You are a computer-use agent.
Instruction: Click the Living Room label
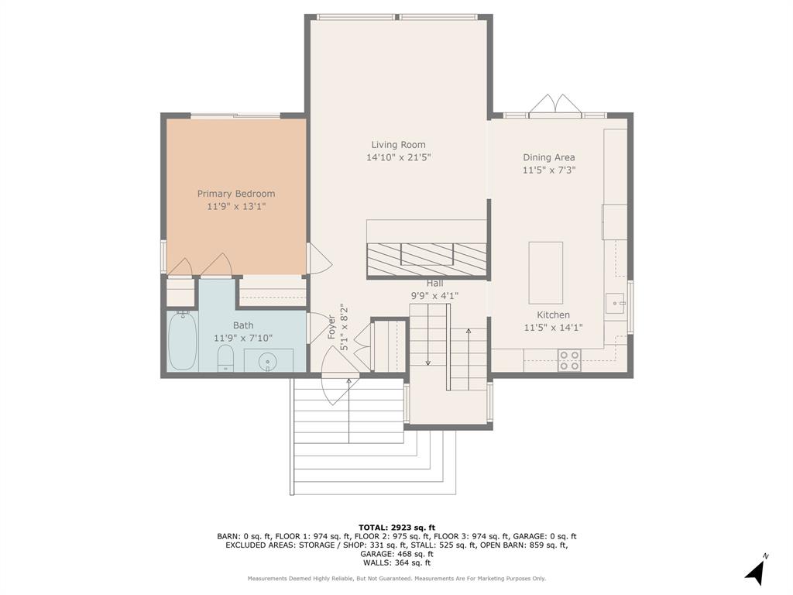point(398,145)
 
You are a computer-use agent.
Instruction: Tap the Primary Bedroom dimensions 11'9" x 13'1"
point(236,206)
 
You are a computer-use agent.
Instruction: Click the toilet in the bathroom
point(225,358)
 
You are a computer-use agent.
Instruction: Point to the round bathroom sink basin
point(268,361)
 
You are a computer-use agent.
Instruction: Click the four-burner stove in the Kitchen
point(569,361)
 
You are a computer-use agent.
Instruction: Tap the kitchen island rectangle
point(545,272)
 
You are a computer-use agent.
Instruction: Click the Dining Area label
point(548,157)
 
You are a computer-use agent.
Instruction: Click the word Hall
point(434,284)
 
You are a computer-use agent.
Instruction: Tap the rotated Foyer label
point(331,326)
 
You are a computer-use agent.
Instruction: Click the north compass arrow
point(756,571)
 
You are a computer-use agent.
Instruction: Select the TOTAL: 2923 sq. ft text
point(396,527)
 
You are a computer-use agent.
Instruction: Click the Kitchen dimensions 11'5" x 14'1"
point(553,328)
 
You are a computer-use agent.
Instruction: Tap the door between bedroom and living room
point(317,259)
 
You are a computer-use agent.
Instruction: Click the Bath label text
point(243,325)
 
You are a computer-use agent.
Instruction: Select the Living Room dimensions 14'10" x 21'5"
point(398,157)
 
